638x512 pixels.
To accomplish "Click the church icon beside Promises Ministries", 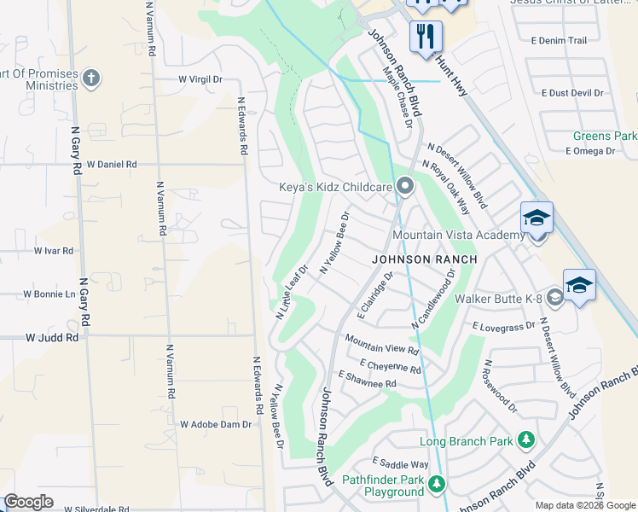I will pos(90,79).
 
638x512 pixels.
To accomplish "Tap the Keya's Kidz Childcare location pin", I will pos(405,185).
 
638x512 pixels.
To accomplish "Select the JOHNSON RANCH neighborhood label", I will pos(422,258).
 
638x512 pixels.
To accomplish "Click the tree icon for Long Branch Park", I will pos(527,440).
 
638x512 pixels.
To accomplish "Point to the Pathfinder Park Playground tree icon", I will pos(437,485).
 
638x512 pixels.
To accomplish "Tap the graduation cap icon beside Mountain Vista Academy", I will pos(536,218).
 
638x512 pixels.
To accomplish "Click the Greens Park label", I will pos(605,136).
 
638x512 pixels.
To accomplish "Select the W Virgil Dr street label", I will pos(200,79).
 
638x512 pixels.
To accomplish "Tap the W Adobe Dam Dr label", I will pos(216,424).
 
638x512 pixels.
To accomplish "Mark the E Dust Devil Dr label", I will pos(572,93).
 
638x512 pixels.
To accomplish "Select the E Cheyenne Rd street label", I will pos(391,366).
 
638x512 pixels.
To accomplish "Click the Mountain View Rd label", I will pos(381,345).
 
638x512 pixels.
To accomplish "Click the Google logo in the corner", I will pos(28,502).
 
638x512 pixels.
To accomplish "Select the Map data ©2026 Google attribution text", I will pos(584,505).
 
